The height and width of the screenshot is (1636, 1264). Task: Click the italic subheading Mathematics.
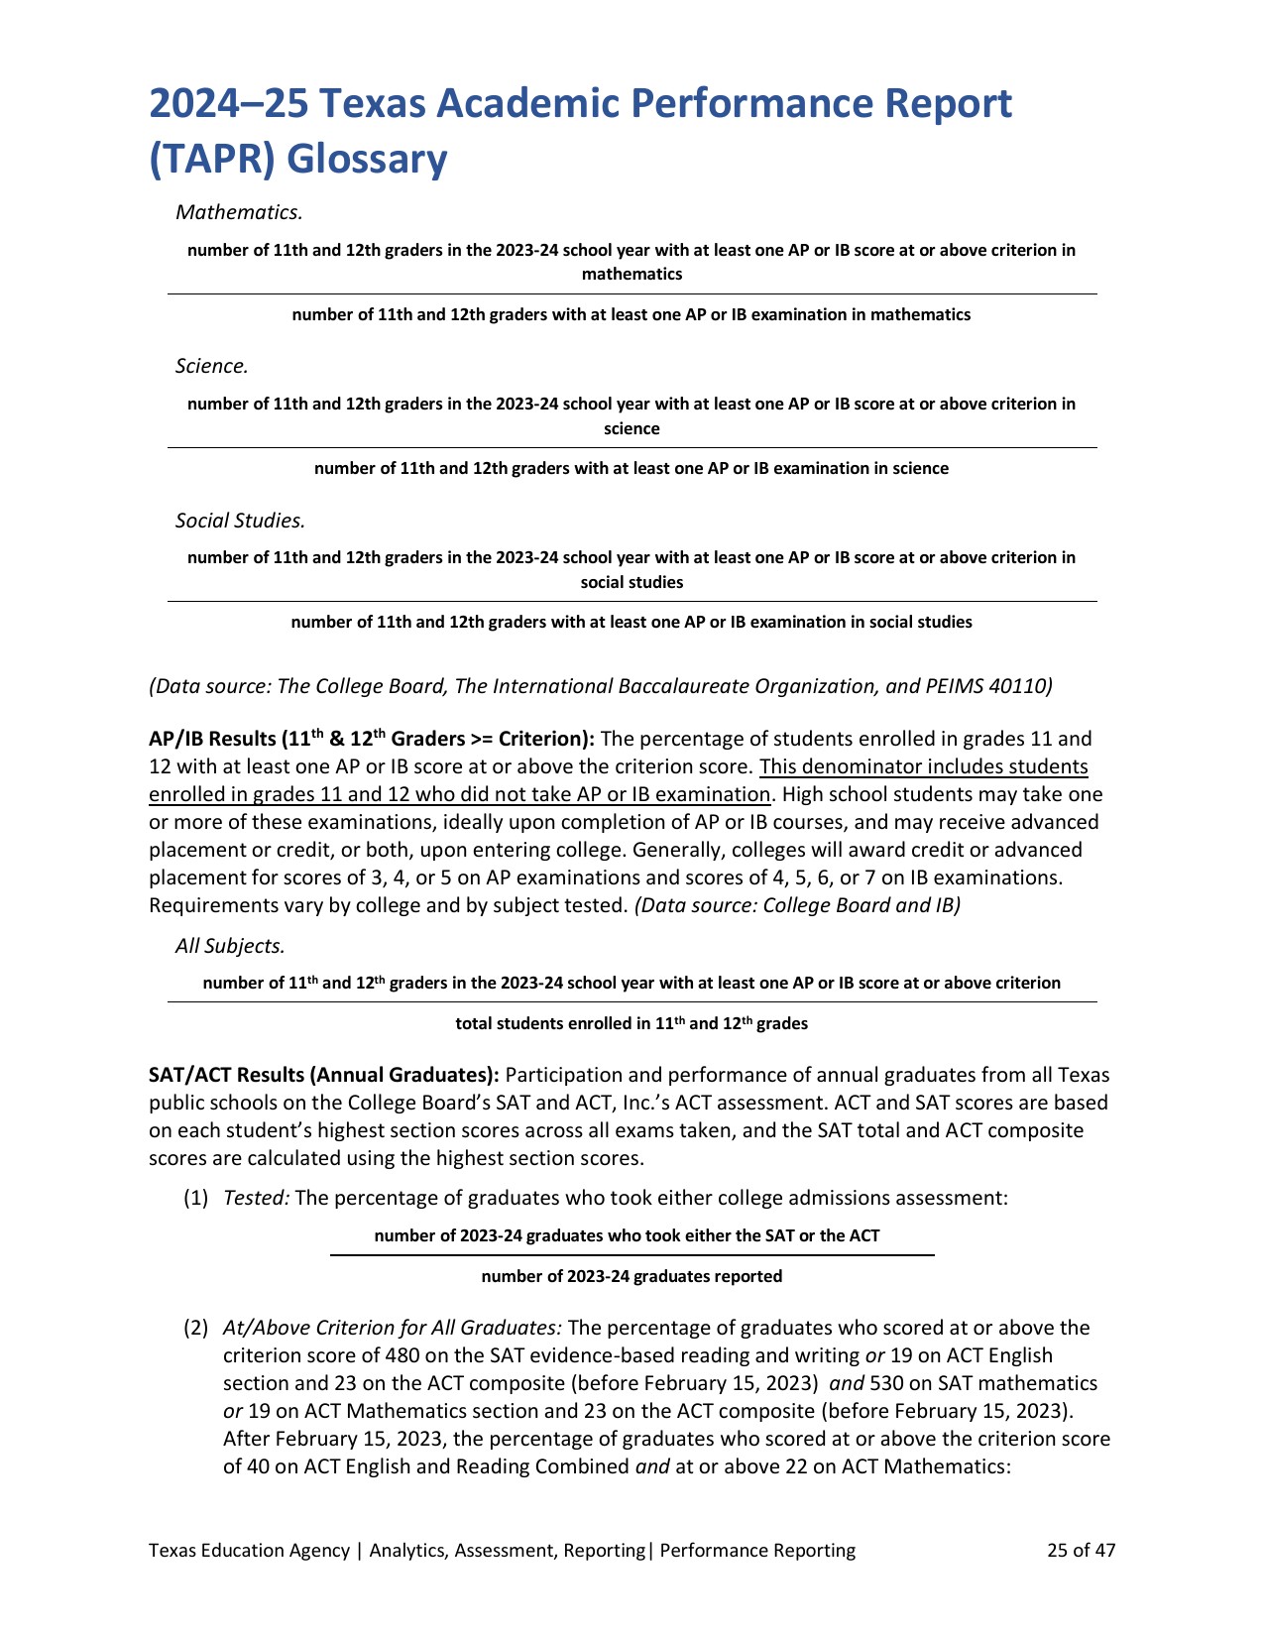(238, 212)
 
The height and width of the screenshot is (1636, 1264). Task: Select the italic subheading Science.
(211, 366)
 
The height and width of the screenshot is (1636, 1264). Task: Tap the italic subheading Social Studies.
(240, 521)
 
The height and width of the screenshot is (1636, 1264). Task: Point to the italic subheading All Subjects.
(230, 946)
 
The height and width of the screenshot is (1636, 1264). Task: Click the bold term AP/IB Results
(210, 740)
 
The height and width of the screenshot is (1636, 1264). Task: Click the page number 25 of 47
(1081, 1551)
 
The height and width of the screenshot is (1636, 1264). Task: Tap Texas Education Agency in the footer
(249, 1551)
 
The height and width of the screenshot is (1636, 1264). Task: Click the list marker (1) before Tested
(195, 1198)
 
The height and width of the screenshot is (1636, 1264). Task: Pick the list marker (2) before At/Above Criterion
(195, 1328)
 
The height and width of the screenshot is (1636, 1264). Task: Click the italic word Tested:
(257, 1198)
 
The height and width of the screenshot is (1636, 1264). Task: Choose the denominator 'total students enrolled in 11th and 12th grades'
(632, 1024)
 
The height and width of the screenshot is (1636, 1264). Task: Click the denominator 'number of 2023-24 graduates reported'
(632, 1277)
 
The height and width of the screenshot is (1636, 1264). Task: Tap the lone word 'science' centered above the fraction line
(632, 429)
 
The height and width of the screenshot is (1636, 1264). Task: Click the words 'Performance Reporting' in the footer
(757, 1551)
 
